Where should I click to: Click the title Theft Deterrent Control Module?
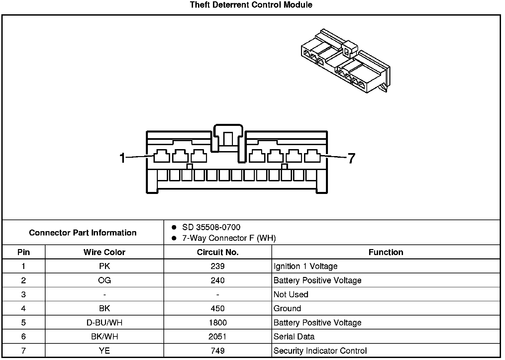click(251, 5)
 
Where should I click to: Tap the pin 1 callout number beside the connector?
click(122, 158)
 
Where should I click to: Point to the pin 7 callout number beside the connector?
click(352, 158)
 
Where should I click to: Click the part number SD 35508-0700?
click(211, 227)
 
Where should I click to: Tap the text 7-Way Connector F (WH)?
click(229, 238)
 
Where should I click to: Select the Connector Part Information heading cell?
click(83, 232)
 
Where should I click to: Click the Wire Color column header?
click(104, 252)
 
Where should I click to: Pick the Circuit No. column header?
click(218, 252)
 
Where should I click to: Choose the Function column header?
click(386, 252)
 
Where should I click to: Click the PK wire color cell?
click(104, 266)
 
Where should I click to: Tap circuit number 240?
click(218, 281)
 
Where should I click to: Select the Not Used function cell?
click(291, 295)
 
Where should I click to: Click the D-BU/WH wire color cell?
click(104, 323)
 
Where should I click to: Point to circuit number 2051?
click(218, 337)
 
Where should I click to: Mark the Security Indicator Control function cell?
click(320, 351)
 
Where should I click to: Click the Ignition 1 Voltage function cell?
click(305, 266)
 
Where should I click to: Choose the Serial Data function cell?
click(294, 337)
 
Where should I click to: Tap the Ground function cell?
click(287, 309)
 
